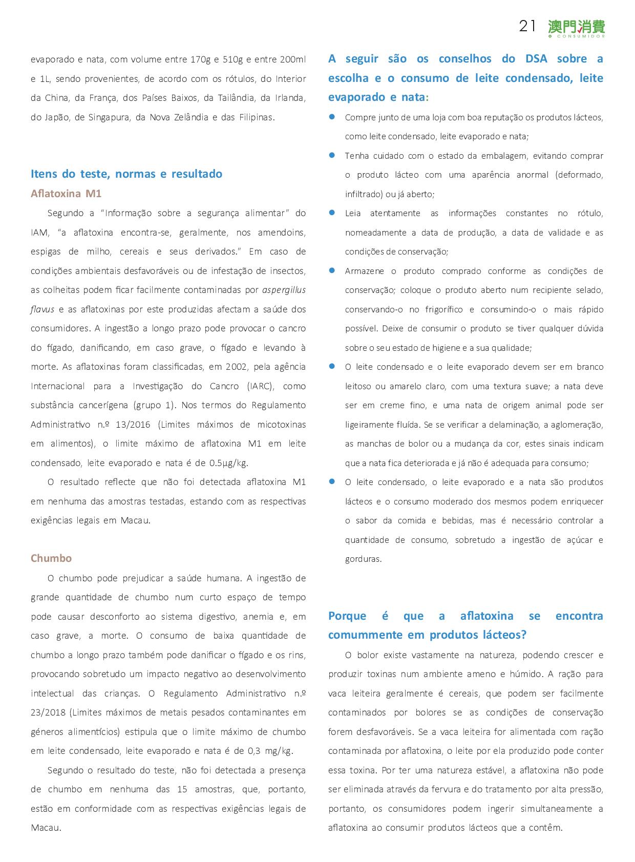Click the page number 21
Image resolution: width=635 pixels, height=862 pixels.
coord(527,26)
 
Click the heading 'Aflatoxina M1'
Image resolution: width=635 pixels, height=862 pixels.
coord(66,194)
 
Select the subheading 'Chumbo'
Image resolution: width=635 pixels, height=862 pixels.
coord(51,558)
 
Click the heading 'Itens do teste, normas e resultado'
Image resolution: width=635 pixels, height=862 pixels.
coord(126,174)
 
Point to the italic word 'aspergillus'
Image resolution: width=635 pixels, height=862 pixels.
coord(284,290)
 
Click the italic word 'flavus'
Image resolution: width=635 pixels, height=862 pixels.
coord(43,309)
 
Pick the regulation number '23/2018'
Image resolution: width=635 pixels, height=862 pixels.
coord(49,712)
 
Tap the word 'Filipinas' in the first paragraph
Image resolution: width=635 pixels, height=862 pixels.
coord(256,117)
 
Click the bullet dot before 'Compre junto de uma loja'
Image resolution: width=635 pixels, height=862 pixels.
coord(332,117)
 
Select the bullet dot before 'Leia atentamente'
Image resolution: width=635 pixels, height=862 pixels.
coord(332,213)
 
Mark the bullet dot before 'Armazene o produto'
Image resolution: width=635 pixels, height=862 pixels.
coord(332,270)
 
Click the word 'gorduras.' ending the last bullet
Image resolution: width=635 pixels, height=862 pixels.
coord(363,559)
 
